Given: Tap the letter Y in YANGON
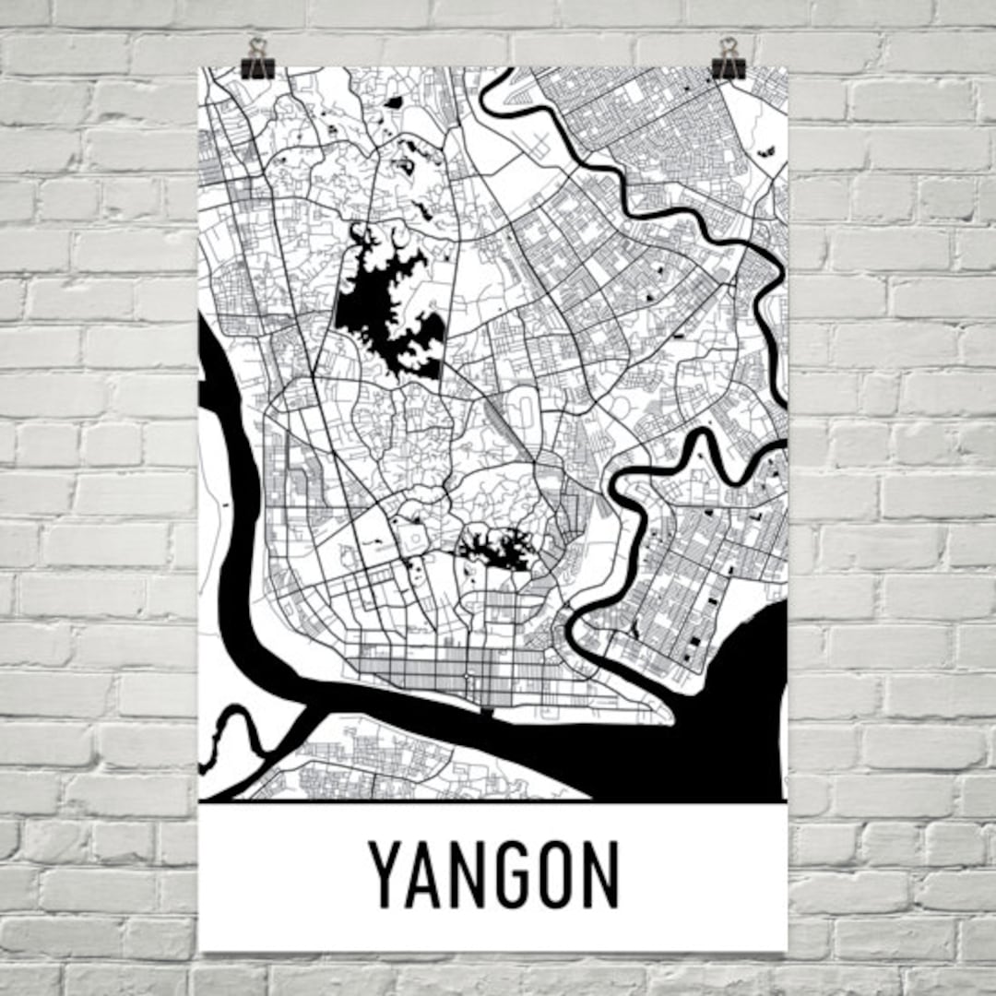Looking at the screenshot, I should tap(387, 874).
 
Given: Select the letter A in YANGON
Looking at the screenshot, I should tap(430, 874).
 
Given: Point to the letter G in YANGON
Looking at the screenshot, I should tap(514, 874).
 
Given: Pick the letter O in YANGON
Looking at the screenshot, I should tap(556, 874).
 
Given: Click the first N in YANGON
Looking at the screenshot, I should tap(471, 874).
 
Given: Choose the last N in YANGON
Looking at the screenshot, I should tap(599, 874).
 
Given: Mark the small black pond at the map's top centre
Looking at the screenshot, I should tap(394, 102).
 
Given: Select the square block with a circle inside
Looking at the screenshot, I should tap(411, 536).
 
